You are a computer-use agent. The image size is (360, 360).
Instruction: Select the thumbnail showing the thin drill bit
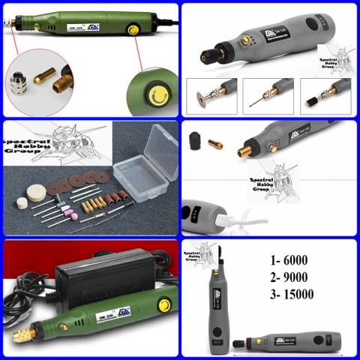click(268, 95)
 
